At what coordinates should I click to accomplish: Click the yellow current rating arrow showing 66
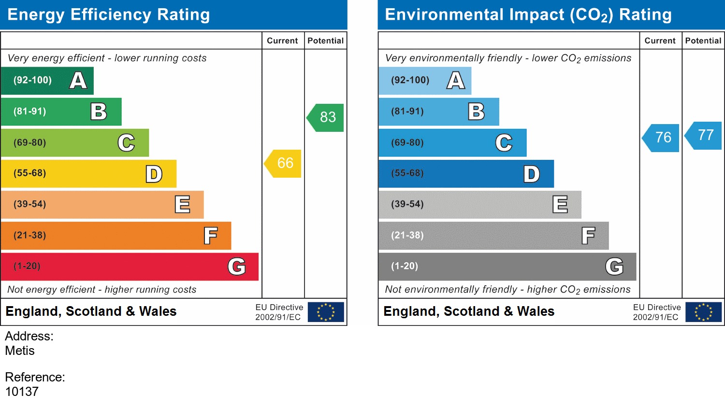pyautogui.click(x=284, y=163)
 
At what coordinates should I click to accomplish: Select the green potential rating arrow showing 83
pyautogui.click(x=327, y=117)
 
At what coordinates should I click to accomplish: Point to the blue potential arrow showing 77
pyautogui.click(x=705, y=135)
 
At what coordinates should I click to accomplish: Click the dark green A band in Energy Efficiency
pyautogui.click(x=47, y=81)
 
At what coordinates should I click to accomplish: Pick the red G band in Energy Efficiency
pyautogui.click(x=130, y=267)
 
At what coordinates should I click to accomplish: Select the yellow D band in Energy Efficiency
pyautogui.click(x=88, y=174)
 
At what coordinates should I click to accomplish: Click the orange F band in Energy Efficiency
pyautogui.click(x=116, y=236)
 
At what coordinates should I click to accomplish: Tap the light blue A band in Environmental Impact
pyautogui.click(x=424, y=81)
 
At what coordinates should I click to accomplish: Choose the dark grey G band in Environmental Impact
pyautogui.click(x=507, y=267)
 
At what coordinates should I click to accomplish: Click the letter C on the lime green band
pyautogui.click(x=126, y=143)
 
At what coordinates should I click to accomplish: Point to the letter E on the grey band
pyautogui.click(x=560, y=205)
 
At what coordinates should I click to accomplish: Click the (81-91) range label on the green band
pyautogui.click(x=30, y=112)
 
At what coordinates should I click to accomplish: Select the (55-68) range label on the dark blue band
pyautogui.click(x=407, y=173)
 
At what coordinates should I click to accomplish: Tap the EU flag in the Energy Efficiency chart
pyautogui.click(x=326, y=312)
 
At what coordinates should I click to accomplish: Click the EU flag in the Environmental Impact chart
pyautogui.click(x=703, y=312)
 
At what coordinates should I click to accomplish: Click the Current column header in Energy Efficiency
pyautogui.click(x=282, y=41)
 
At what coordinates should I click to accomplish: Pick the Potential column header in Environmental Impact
pyautogui.click(x=703, y=41)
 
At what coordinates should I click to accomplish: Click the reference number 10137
pyautogui.click(x=22, y=392)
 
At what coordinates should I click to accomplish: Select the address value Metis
pyautogui.click(x=20, y=351)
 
